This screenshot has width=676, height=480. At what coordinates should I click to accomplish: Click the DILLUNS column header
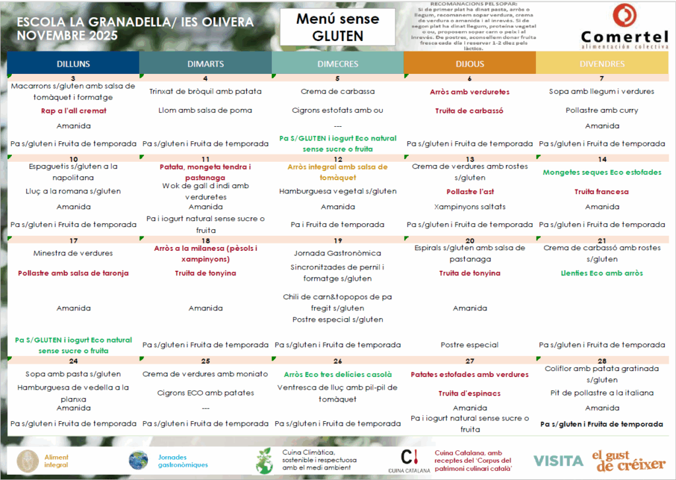[73, 64]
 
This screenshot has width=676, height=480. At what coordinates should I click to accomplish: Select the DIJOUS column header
[469, 64]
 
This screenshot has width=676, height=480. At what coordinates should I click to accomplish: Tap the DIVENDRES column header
[601, 64]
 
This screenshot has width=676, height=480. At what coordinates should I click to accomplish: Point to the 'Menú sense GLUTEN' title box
[337, 27]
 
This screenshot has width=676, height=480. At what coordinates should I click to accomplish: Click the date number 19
[338, 241]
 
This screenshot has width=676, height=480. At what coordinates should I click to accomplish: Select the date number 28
[602, 361]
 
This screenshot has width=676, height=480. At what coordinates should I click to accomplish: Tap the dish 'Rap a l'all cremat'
[73, 111]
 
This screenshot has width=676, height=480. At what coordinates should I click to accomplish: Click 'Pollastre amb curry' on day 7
[601, 110]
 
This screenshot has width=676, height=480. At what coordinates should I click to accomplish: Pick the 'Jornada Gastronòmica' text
[337, 253]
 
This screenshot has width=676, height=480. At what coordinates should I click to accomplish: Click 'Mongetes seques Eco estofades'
[601, 172]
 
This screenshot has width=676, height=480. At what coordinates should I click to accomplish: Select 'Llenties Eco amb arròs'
[601, 273]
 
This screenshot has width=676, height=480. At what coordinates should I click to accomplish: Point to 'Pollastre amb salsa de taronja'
[73, 273]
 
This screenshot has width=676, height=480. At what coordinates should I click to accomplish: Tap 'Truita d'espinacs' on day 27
[469, 394]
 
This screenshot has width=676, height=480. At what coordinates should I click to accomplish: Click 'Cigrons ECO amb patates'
[205, 393]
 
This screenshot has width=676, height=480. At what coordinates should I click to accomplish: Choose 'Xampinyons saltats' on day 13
[469, 207]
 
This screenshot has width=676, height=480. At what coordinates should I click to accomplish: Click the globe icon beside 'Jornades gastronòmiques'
[138, 460]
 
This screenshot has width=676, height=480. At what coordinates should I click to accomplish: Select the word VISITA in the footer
[558, 460]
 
